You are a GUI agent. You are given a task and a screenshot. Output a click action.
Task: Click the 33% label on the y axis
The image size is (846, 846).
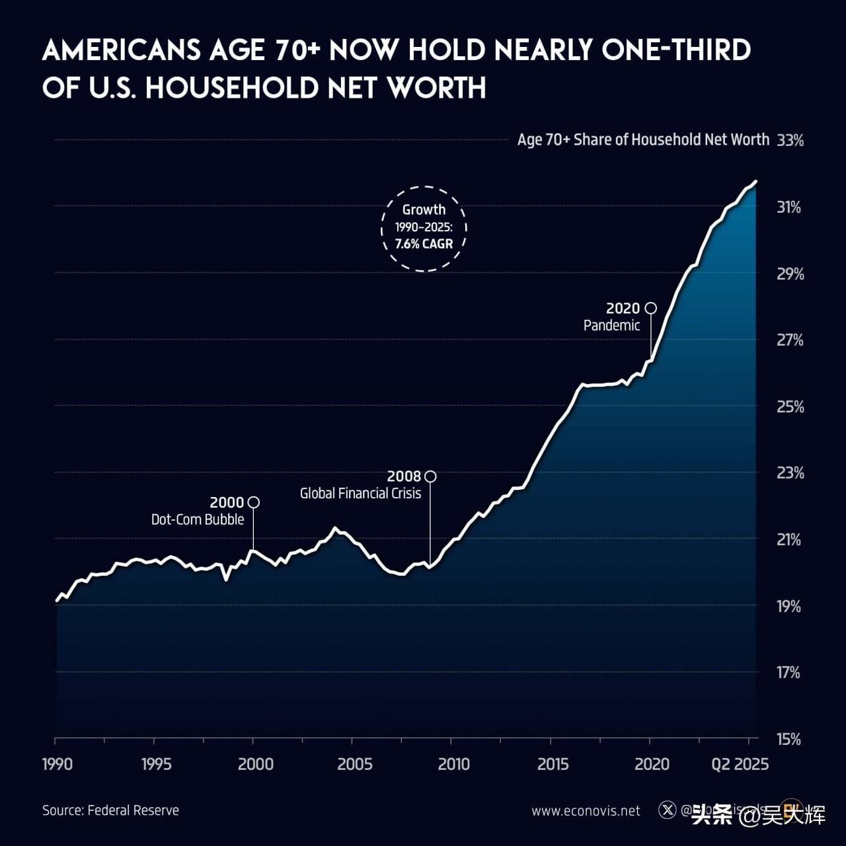pyautogui.click(x=790, y=140)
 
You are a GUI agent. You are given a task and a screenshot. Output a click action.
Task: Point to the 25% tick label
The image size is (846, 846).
pyautogui.click(x=790, y=406)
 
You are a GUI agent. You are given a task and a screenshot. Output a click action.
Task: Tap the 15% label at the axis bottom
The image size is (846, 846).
pyautogui.click(x=788, y=739)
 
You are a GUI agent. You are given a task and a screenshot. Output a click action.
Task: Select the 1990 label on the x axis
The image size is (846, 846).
pyautogui.click(x=58, y=764)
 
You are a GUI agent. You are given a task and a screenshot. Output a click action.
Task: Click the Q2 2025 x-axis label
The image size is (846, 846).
pyautogui.click(x=740, y=764)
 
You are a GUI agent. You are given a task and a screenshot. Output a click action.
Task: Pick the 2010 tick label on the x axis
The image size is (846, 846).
pyautogui.click(x=453, y=764)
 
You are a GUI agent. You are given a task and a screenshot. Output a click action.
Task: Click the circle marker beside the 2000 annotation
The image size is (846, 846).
pyautogui.click(x=253, y=502)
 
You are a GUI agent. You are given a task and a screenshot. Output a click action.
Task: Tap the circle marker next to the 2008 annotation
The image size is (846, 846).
pyautogui.click(x=430, y=476)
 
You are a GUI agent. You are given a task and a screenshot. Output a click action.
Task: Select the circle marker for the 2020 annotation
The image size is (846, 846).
pyautogui.click(x=651, y=308)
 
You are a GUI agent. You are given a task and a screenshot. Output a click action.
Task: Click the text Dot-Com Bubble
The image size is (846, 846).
pyautogui.click(x=198, y=519)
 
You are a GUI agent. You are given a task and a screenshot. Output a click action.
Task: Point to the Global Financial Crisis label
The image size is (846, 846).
pyautogui.click(x=360, y=493)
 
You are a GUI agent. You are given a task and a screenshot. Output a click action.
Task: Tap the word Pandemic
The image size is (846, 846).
pyautogui.click(x=611, y=325)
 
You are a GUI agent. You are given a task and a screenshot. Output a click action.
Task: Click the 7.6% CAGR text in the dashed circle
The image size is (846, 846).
pyautogui.click(x=424, y=244)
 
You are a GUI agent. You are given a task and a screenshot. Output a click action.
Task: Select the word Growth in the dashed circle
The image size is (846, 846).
pyautogui.click(x=424, y=210)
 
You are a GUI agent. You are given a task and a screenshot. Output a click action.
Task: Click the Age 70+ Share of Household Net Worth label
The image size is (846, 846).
pyautogui.click(x=643, y=139)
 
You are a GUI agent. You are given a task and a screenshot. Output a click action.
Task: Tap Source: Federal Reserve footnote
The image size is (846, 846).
pyautogui.click(x=110, y=810)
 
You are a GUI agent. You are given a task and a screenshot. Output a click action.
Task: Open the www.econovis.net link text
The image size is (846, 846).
pyautogui.click(x=586, y=811)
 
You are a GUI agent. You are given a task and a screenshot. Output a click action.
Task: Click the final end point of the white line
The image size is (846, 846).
pyautogui.click(x=755, y=180)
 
